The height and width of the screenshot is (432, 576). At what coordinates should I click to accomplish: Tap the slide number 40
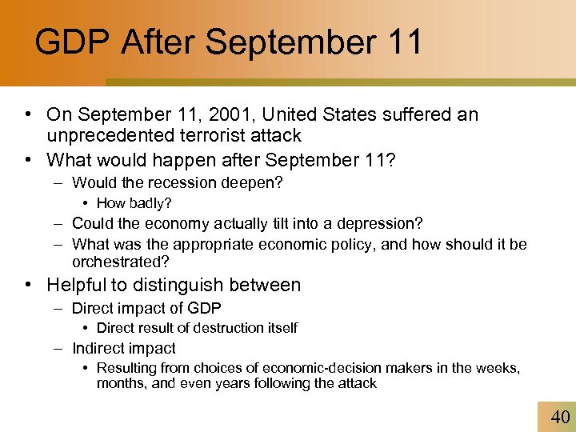tap(560, 416)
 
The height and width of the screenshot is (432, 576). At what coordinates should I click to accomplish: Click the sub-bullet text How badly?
tap(134, 203)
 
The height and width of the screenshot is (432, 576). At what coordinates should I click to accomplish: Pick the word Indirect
tap(98, 348)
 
